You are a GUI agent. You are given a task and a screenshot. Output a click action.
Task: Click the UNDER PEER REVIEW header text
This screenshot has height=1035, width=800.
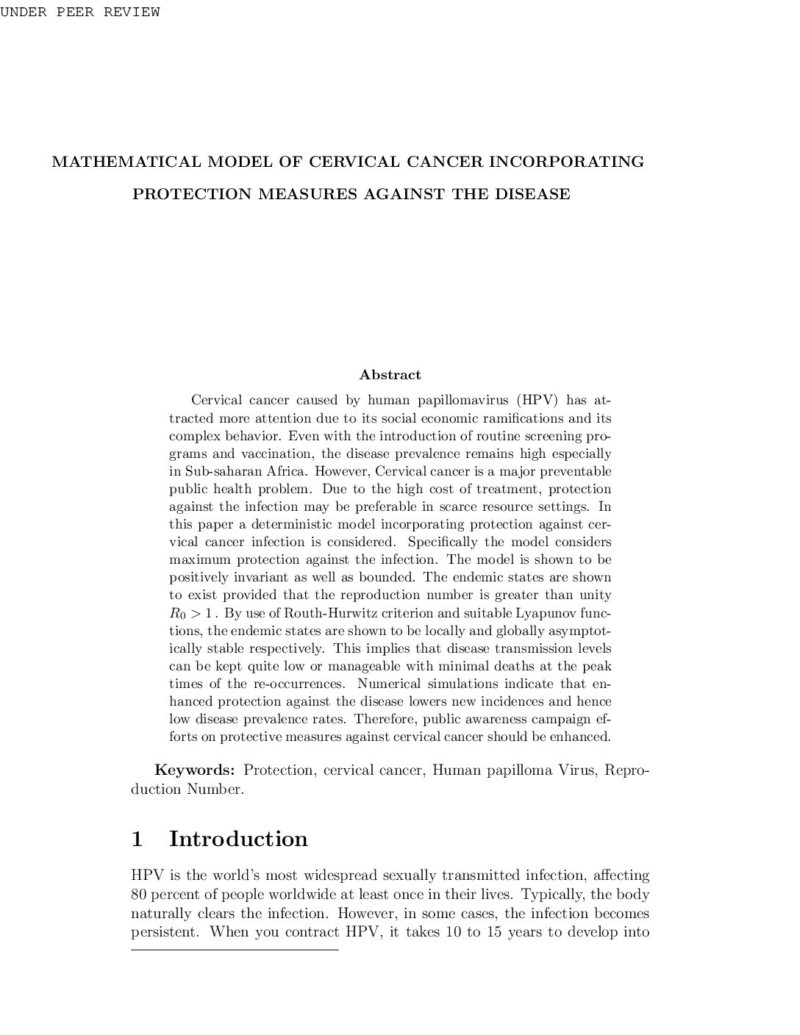coord(79,12)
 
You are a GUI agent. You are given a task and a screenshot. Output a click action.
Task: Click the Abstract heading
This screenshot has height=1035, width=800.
coord(390,375)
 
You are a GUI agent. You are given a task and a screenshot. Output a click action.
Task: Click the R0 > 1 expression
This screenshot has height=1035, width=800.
coord(190,613)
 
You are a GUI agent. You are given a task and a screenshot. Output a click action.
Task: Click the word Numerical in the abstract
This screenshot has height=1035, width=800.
coord(388,684)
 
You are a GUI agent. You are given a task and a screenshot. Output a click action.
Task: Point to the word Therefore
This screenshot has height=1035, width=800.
coord(386,719)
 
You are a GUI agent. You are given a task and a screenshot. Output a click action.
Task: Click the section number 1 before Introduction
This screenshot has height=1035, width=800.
coord(137,839)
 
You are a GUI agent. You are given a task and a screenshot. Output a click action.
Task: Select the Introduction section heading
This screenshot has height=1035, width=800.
coord(238,839)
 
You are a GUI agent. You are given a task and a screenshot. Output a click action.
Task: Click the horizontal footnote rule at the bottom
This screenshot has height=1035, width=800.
coord(235,950)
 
